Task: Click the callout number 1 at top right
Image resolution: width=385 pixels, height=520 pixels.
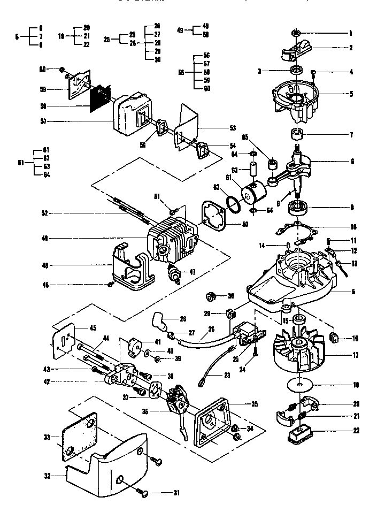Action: (x=352, y=33)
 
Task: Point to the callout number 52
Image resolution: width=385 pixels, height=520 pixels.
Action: (x=45, y=213)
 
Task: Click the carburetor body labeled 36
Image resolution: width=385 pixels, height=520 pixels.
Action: (x=176, y=407)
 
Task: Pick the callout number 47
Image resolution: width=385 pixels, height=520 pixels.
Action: (x=192, y=272)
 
